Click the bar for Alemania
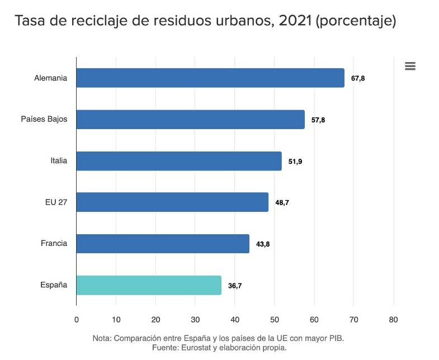tap(210, 78)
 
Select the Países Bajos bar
tap(190, 120)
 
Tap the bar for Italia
tap(179, 161)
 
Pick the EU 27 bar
tap(172, 202)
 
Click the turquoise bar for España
tap(149, 285)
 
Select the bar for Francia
tap(163, 244)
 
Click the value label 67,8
tap(358, 78)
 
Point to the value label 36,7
tap(235, 286)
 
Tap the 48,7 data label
tap(282, 203)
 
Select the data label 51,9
tap(295, 162)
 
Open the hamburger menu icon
tap(410, 67)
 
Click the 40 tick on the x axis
tap(235, 320)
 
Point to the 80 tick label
tap(393, 320)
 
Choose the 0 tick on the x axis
tap(77, 320)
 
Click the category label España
tap(54, 285)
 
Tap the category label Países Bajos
tap(44, 120)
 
